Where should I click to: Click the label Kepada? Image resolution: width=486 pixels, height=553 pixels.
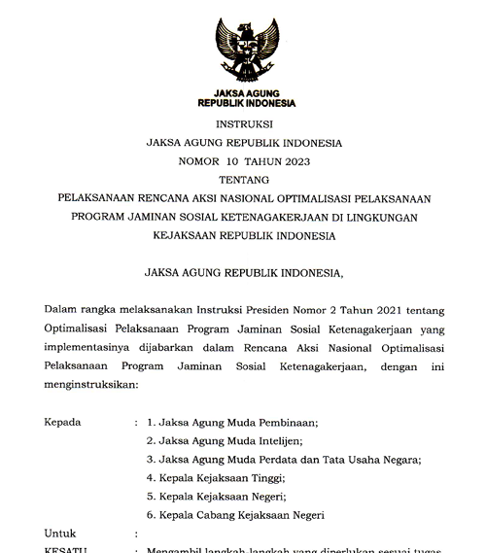coord(64,423)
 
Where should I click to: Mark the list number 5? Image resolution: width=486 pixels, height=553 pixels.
coord(150,497)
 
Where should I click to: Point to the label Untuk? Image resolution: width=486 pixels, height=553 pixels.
coord(60,534)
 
